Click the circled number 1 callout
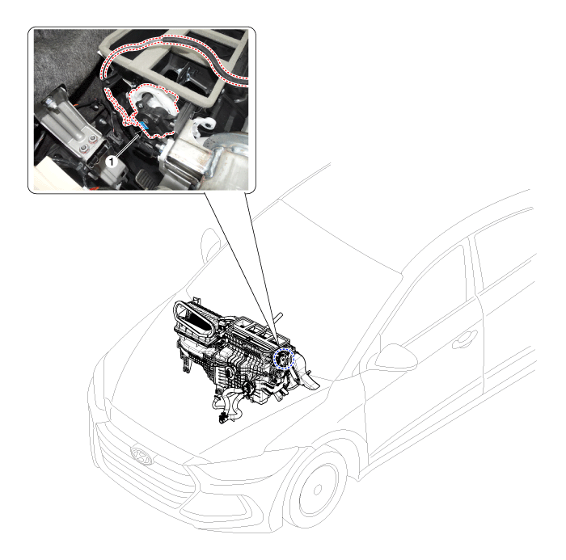tap(112, 162)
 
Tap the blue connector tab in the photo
tap(145, 125)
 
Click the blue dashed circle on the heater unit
tap(284, 359)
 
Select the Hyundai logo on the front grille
tap(141, 456)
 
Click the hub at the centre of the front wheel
tap(318, 490)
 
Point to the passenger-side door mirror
tap(396, 357)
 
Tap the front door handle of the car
tap(465, 339)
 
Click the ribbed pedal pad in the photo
tap(146, 179)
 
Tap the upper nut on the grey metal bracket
tap(92, 138)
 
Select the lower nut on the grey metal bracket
tap(84, 148)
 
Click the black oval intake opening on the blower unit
tap(197, 320)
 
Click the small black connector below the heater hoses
tap(222, 418)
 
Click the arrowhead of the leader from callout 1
tap(141, 133)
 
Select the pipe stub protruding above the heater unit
tap(278, 318)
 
